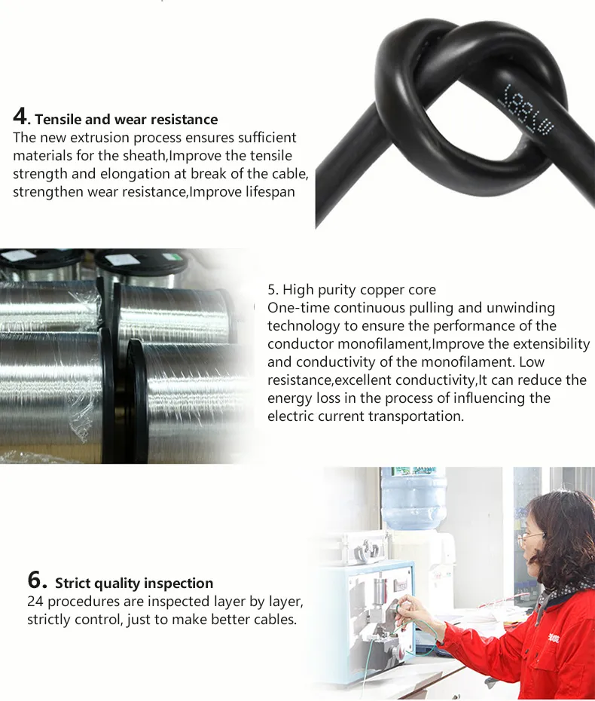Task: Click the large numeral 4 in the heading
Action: [x=20, y=116]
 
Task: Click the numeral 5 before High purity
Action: [x=272, y=290]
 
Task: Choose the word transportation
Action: [x=416, y=416]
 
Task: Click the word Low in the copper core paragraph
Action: [x=532, y=361]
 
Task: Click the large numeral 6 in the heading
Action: [x=36, y=580]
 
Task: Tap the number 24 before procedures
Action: [x=35, y=602]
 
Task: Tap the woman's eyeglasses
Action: [x=531, y=538]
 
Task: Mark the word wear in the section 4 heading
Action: [x=131, y=120]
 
